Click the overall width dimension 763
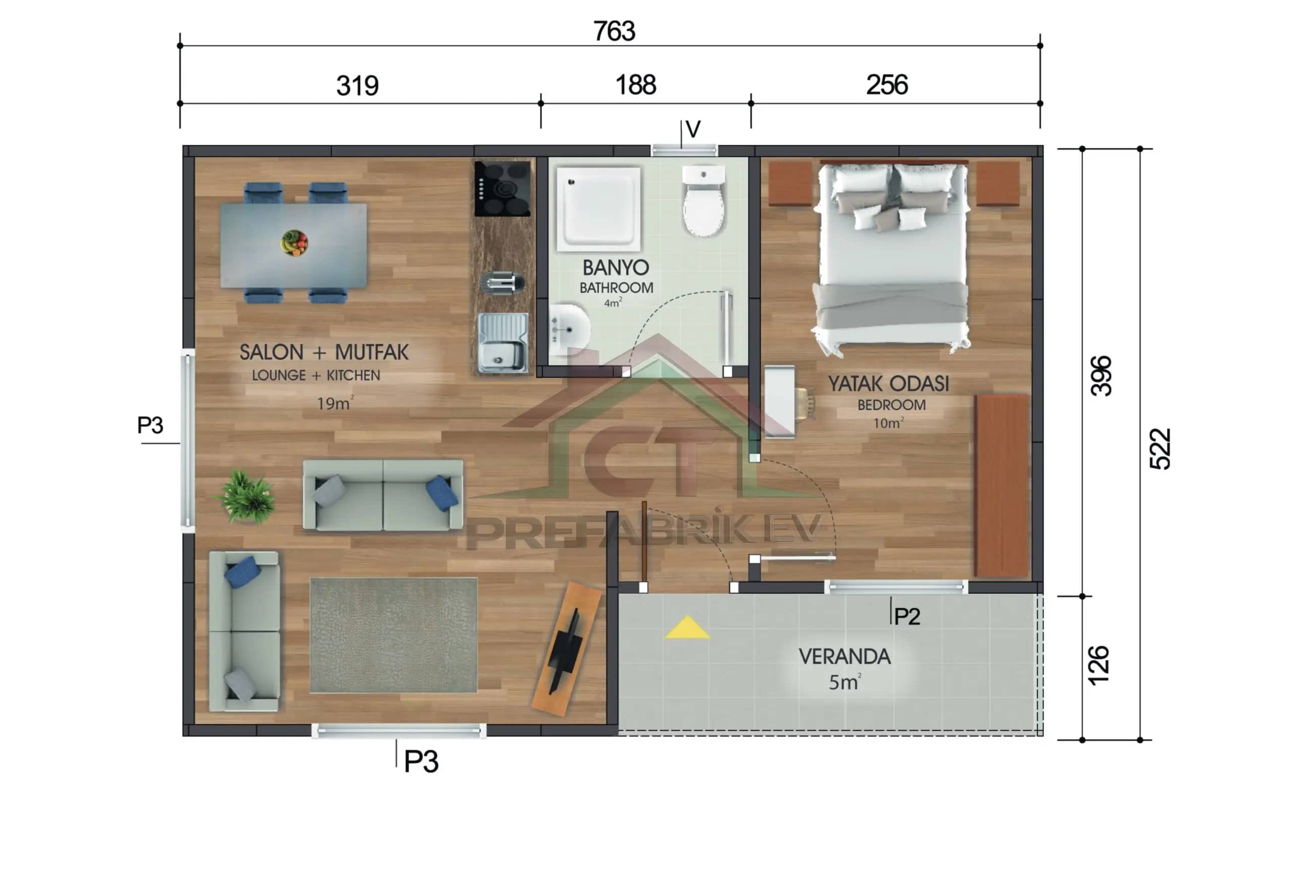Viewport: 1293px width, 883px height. click(x=614, y=31)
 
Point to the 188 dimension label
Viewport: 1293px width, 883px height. click(x=635, y=85)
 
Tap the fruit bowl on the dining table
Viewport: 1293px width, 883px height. click(x=294, y=242)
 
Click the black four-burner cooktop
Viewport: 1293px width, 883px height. click(x=502, y=188)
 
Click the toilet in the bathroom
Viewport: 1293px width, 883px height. click(x=703, y=202)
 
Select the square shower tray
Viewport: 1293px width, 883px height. click(x=599, y=208)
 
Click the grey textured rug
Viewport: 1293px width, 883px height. click(x=393, y=635)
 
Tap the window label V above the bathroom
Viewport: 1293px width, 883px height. click(x=692, y=130)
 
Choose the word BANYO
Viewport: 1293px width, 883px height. click(x=615, y=268)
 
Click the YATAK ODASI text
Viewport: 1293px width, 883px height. click(x=888, y=383)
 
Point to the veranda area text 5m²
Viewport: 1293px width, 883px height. click(x=844, y=682)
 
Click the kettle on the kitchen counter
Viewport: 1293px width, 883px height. click(x=503, y=282)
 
